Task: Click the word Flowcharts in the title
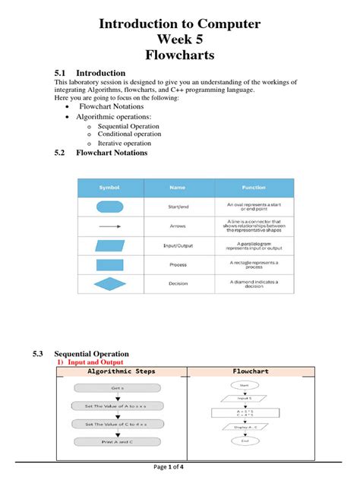click(180, 55)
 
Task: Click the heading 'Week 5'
click(180, 40)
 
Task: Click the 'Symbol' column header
click(109, 188)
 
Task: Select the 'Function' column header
click(254, 188)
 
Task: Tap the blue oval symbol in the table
click(110, 207)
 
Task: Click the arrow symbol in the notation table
click(110, 226)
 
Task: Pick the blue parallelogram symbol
click(110, 245)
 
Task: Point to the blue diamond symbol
click(110, 283)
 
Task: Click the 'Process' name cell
click(178, 264)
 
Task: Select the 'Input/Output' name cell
click(178, 245)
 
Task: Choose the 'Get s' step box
click(118, 387)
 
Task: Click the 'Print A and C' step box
click(118, 442)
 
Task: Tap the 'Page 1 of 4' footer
click(180, 466)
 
